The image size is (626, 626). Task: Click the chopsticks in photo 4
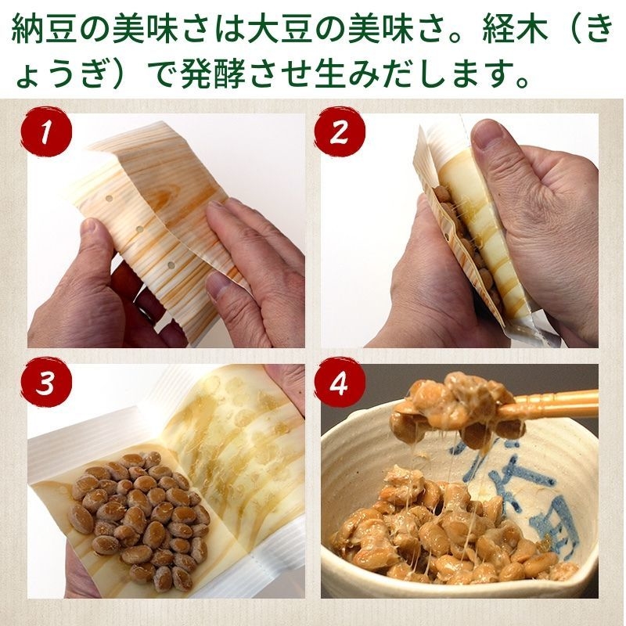548,403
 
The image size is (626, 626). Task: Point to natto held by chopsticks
454,407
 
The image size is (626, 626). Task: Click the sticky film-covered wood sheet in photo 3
235,438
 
